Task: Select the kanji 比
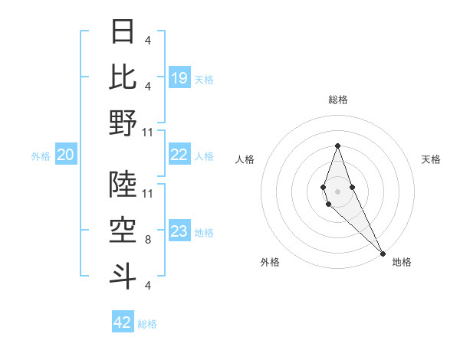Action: pyautogui.click(x=123, y=77)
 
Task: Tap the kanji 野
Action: pyautogui.click(x=123, y=123)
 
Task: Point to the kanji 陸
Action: pyautogui.click(x=123, y=185)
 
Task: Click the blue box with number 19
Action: pyautogui.click(x=179, y=77)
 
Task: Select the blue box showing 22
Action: pyautogui.click(x=179, y=155)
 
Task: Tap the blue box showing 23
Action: pyautogui.click(x=179, y=231)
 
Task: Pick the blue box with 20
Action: pyautogui.click(x=65, y=155)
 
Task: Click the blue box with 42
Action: pyautogui.click(x=123, y=322)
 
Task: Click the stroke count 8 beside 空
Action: pyautogui.click(x=147, y=240)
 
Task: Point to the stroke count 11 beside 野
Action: pyautogui.click(x=147, y=132)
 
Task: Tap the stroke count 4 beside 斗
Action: pyautogui.click(x=147, y=286)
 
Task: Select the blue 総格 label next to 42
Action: pyautogui.click(x=147, y=324)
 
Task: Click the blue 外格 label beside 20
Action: pyautogui.click(x=41, y=156)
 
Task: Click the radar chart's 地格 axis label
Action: pyautogui.click(x=402, y=262)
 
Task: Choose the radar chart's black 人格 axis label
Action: pyautogui.click(x=245, y=159)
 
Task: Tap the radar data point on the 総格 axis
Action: pyautogui.click(x=337, y=146)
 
